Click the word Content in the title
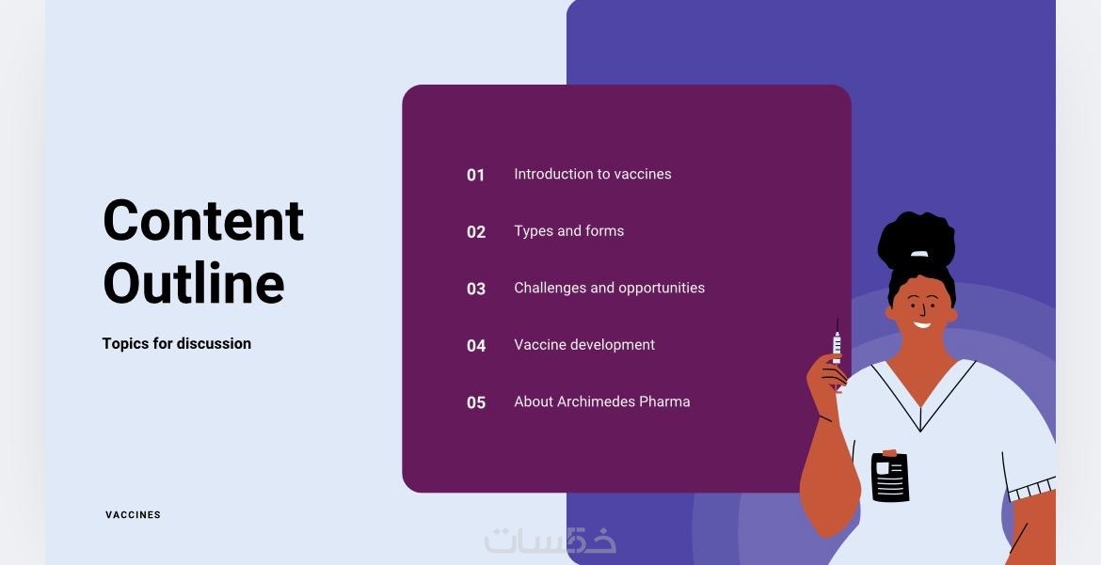click(x=203, y=220)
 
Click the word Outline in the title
click(x=194, y=282)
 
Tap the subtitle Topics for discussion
click(x=176, y=344)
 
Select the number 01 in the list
click(x=476, y=175)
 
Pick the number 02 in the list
click(x=476, y=231)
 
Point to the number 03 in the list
click(x=476, y=289)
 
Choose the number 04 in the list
click(x=476, y=345)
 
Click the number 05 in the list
click(x=476, y=402)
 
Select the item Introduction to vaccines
click(x=593, y=174)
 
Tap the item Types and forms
click(x=568, y=231)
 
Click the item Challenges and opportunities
click(x=610, y=288)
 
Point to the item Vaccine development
click(x=584, y=345)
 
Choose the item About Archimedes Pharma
click(x=601, y=401)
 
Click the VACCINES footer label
click(x=133, y=514)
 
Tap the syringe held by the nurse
click(x=837, y=351)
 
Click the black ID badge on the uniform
click(x=889, y=476)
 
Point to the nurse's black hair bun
click(x=917, y=239)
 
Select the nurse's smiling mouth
click(x=922, y=325)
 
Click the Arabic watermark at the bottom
click(x=550, y=540)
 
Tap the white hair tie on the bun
click(x=919, y=254)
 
